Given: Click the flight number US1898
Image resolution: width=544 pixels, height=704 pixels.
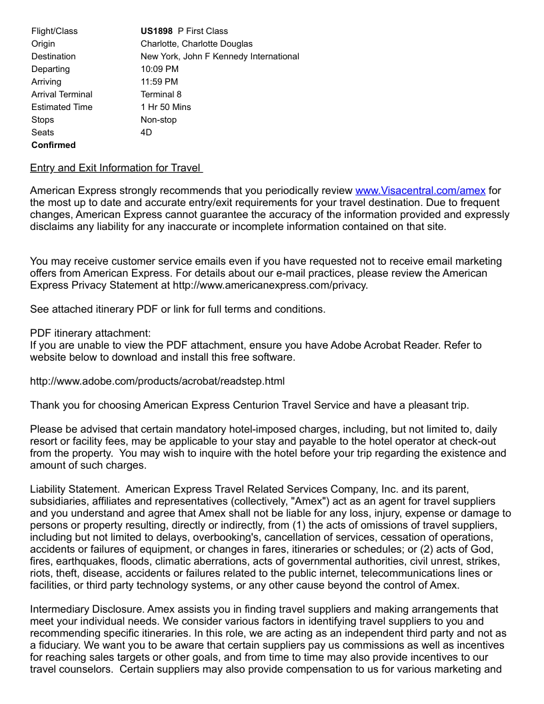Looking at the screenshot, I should (157, 31).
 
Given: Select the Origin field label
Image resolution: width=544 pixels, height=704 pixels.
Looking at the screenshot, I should (43, 43).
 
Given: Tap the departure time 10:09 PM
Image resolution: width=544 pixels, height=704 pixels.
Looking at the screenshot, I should (159, 69).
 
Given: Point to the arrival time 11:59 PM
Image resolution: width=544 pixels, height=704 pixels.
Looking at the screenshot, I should (159, 81).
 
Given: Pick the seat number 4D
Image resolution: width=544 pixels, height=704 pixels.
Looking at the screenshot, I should (146, 132).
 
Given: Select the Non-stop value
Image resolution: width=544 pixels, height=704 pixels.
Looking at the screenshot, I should (159, 119).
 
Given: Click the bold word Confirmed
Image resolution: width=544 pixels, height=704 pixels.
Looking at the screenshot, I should (53, 145).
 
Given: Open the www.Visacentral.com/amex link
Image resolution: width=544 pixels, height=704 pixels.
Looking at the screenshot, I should (420, 191).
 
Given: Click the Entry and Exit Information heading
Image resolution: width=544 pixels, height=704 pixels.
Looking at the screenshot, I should (116, 168).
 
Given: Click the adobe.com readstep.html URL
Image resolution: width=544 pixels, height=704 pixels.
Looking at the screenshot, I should (157, 381).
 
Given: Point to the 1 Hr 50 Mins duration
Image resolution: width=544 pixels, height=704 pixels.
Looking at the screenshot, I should (165, 107).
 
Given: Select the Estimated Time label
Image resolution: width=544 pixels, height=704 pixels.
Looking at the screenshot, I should (62, 107).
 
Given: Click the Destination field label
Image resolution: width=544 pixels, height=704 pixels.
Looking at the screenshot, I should (53, 56).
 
